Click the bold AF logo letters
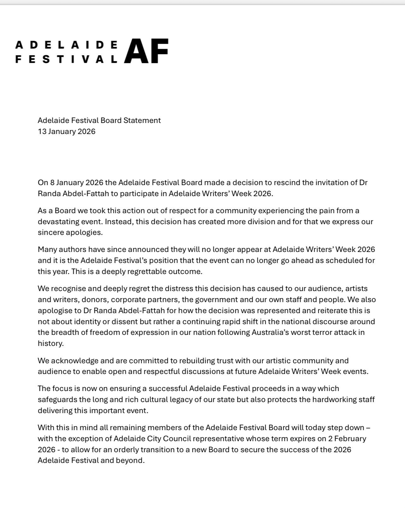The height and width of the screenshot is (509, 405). tap(146, 51)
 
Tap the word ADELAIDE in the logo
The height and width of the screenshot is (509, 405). tap(66, 45)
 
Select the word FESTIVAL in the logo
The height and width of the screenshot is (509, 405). tap(66, 59)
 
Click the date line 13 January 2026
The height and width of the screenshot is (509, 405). tap(67, 131)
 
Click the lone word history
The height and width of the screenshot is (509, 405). tap(50, 343)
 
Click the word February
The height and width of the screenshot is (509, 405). tap(351, 439)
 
